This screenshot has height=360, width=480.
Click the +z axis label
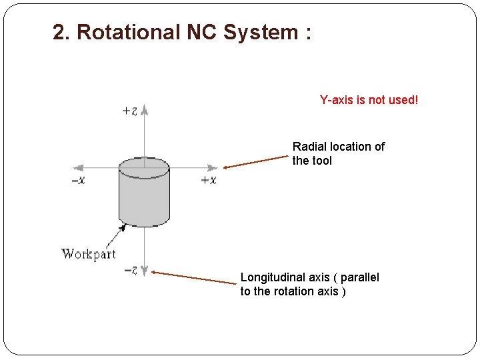pyautogui.click(x=130, y=111)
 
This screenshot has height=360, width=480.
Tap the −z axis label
pyautogui.click(x=131, y=271)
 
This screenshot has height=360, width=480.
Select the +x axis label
pyautogui.click(x=209, y=180)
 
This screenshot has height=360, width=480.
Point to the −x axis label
pyautogui.click(x=79, y=180)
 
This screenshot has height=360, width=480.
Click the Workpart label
pyautogui.click(x=89, y=253)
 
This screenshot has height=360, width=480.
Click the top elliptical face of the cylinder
pyautogui.click(x=144, y=168)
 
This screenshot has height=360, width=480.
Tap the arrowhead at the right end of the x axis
pyautogui.click(x=213, y=168)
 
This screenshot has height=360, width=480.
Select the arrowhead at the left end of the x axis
pyautogui.click(x=77, y=168)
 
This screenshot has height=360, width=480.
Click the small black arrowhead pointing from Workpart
pyautogui.click(x=122, y=227)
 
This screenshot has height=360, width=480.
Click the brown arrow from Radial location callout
pyautogui.click(x=256, y=162)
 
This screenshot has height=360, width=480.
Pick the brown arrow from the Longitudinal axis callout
pyautogui.click(x=193, y=277)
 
